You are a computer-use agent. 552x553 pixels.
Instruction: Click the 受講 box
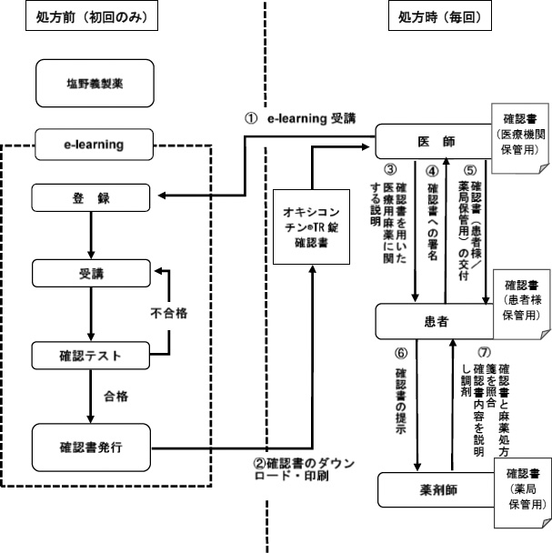(x=89, y=273)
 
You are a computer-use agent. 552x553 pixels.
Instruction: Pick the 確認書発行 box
(x=89, y=447)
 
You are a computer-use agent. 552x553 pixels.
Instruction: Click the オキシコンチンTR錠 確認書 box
(x=312, y=229)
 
